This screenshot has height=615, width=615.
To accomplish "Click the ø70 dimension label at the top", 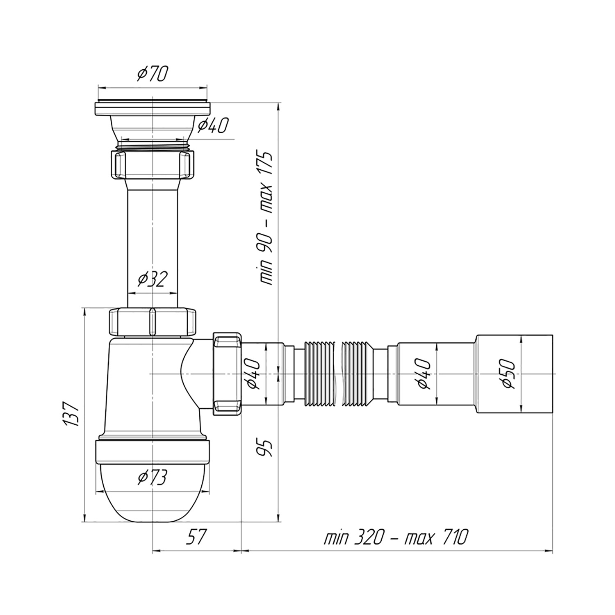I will click(x=152, y=74).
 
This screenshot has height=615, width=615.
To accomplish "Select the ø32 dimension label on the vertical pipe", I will click(x=152, y=280).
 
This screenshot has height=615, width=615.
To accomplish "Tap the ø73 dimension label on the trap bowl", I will click(x=152, y=477).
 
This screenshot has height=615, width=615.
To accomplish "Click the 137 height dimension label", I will click(x=71, y=414).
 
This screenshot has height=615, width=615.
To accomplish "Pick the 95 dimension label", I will click(x=265, y=448).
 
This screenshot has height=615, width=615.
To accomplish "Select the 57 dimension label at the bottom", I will click(x=196, y=538).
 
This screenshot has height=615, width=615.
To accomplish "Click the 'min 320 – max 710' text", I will click(x=395, y=537).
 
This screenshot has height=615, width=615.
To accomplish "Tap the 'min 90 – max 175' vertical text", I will click(x=266, y=218).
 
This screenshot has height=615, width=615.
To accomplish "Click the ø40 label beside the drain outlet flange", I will click(x=212, y=125).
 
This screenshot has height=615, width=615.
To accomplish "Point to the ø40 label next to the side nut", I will click(x=253, y=373).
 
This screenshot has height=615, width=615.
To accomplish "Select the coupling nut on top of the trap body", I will click(x=153, y=322).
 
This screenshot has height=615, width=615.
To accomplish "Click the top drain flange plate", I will click(x=153, y=108).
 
